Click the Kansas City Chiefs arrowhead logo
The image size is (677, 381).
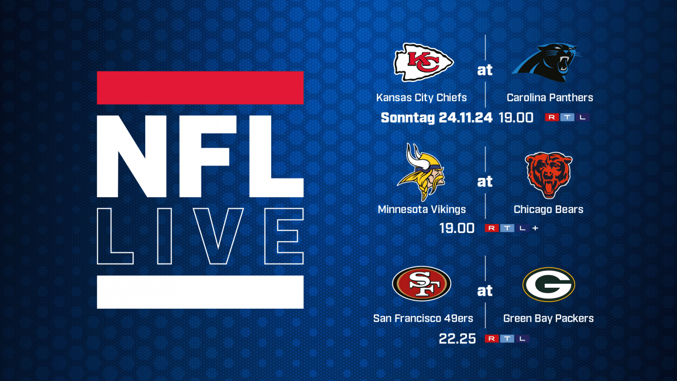click(x=423, y=63)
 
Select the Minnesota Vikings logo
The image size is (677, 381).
click(x=421, y=172)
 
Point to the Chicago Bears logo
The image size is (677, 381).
click(x=549, y=175)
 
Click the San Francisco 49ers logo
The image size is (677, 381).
click(x=422, y=284)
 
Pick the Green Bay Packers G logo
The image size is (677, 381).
click(x=549, y=284)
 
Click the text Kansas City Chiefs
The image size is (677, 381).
click(x=421, y=98)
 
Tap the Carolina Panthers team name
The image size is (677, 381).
click(x=550, y=98)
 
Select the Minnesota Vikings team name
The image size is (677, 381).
click(x=422, y=209)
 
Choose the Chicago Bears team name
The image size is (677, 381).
click(x=549, y=209)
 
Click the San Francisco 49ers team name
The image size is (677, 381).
click(x=423, y=318)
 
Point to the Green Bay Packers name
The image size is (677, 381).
click(x=549, y=318)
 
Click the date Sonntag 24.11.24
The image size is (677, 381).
click(x=436, y=118)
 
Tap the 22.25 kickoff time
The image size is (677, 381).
click(x=457, y=339)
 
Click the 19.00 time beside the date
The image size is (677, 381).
click(x=516, y=118)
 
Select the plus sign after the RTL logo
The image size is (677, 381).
click(x=535, y=228)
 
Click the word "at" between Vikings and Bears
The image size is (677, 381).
click(x=485, y=182)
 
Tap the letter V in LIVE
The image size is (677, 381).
click(x=219, y=236)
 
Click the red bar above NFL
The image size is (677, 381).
click(x=200, y=87)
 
